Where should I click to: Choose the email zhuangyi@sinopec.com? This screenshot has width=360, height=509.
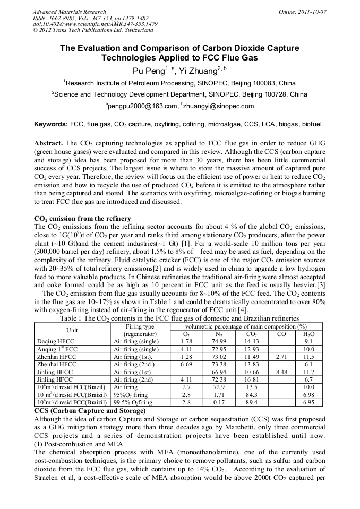tap(218, 106)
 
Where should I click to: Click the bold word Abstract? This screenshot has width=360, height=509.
tap(48, 144)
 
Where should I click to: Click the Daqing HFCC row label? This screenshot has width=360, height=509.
tap(55, 341)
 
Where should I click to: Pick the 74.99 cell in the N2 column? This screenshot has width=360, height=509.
tap(219, 341)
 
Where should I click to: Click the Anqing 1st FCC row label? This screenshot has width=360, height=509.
tap(57, 349)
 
